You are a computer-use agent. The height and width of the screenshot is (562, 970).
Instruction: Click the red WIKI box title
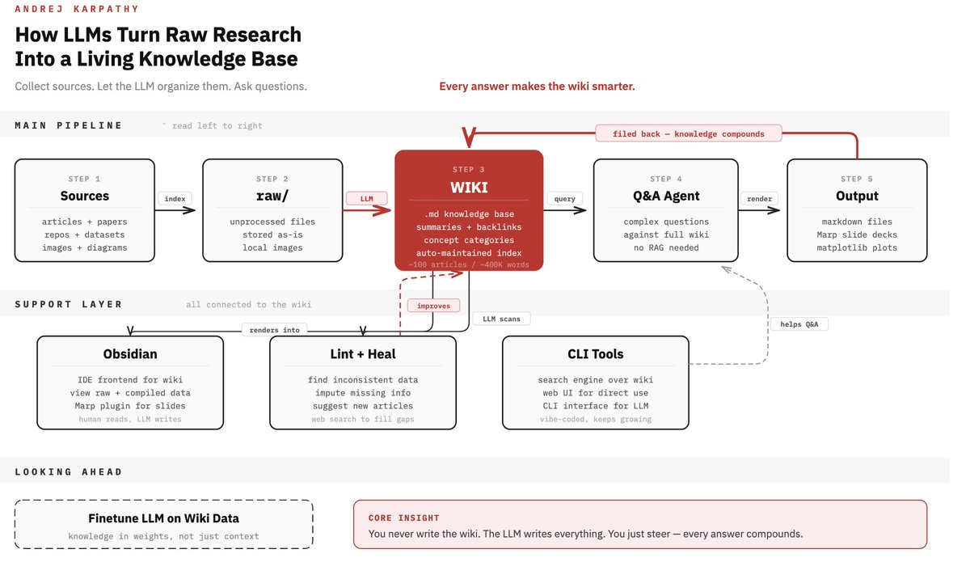click(469, 187)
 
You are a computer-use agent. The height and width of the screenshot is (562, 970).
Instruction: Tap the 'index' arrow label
click(175, 198)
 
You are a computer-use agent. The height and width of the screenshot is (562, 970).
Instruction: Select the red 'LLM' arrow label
click(366, 198)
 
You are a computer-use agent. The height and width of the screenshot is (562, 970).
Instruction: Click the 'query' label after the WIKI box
click(565, 198)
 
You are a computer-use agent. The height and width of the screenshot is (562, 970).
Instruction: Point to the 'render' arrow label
click(759, 198)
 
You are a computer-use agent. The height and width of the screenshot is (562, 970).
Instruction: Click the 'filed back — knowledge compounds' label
click(689, 133)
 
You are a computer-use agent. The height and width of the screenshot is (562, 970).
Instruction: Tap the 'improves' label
click(434, 306)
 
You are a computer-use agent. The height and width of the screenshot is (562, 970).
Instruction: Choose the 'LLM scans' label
click(501, 319)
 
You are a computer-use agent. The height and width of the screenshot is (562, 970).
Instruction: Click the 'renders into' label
click(275, 330)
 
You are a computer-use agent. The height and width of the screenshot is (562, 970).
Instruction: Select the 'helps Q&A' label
click(799, 324)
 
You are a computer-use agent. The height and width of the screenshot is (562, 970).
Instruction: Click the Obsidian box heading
click(130, 354)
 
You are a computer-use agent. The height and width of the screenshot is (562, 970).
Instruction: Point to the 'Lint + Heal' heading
click(362, 354)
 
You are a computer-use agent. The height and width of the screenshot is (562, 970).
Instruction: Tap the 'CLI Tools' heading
click(595, 354)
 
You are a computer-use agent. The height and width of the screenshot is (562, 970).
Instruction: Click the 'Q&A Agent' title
click(665, 196)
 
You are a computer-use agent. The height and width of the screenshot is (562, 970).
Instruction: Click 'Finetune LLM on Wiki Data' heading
click(163, 518)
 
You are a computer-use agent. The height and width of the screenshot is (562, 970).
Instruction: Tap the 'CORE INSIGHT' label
click(404, 518)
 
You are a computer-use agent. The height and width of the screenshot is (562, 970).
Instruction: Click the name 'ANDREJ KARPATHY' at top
click(77, 9)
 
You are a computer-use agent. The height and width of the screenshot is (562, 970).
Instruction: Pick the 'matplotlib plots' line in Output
click(857, 247)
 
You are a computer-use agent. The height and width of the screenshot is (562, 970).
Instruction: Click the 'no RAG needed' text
click(666, 247)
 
